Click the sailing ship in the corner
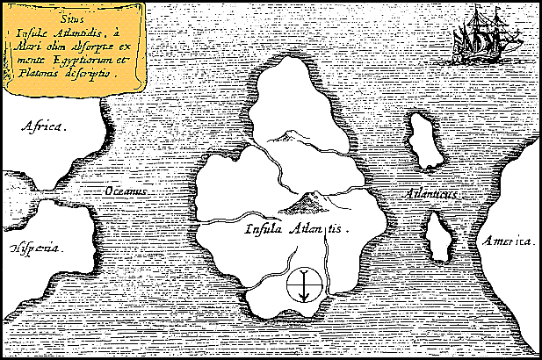[x=478, y=36]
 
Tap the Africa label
[x=44, y=126]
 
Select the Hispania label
[x=38, y=248]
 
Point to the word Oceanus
[x=124, y=191]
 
